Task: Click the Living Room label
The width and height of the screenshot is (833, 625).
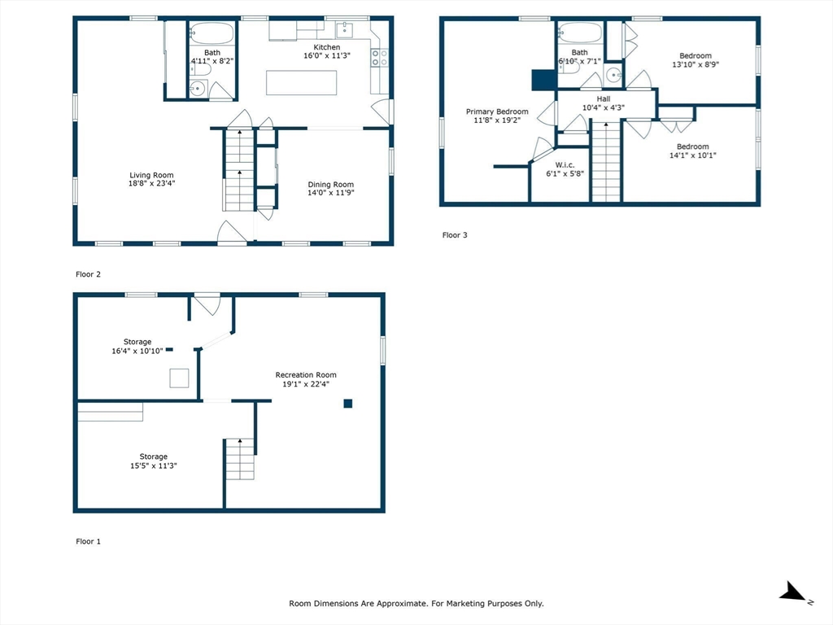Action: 151,175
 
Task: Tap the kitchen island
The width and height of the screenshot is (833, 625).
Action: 301,83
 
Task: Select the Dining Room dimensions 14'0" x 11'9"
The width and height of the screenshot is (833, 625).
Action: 330,194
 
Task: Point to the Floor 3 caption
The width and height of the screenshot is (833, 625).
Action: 455,235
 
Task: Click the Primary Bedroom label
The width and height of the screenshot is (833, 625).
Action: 496,111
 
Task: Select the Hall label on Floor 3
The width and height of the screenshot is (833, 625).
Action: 602,98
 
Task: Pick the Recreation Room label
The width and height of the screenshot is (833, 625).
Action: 305,375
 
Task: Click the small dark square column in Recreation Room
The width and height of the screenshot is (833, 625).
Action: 347,403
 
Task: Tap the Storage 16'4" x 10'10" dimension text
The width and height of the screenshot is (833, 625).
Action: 137,352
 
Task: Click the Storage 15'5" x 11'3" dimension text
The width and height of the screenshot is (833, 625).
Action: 153,466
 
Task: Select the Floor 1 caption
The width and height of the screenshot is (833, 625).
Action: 88,541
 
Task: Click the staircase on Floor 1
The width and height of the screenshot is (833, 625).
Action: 239,459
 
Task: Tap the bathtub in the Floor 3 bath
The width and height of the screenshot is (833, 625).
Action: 580,33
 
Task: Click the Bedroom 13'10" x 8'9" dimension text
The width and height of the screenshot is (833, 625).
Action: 695,65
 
